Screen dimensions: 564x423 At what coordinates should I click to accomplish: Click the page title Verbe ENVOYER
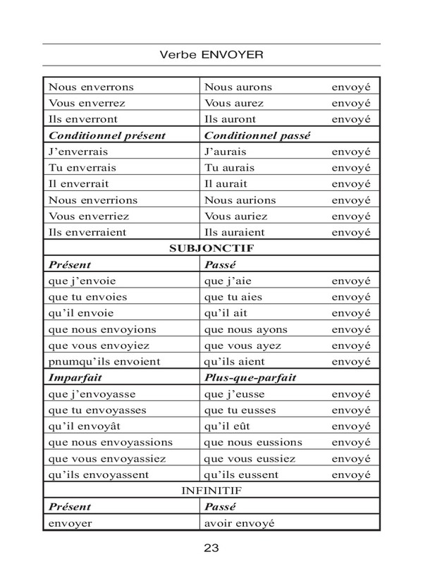(x=211, y=53)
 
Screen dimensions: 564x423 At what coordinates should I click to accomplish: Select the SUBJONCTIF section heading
(x=211, y=248)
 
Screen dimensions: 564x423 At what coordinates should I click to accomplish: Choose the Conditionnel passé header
(x=252, y=134)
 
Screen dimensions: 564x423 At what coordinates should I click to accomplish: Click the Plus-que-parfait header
(x=250, y=378)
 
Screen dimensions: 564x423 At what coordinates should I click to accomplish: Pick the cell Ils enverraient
(x=88, y=231)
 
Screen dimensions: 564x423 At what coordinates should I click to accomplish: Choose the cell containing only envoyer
(x=70, y=524)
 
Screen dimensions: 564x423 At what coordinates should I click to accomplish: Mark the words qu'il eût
(x=227, y=427)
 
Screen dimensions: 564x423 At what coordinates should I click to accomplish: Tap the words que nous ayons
(x=242, y=329)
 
